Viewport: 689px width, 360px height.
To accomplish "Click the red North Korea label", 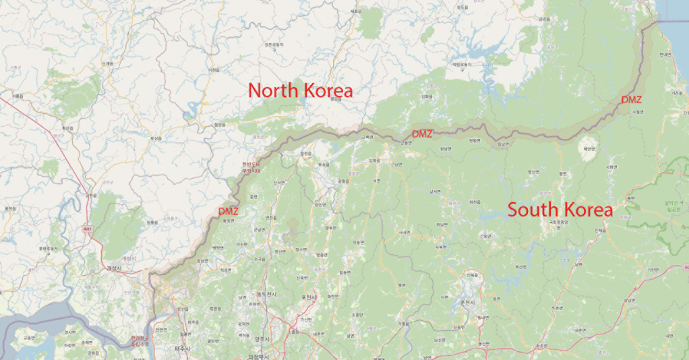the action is click(x=300, y=90).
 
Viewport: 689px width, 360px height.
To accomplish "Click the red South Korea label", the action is click(x=560, y=209).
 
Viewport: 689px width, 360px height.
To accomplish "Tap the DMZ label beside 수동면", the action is click(x=632, y=100).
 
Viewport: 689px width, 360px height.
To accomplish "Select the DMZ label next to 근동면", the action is click(x=421, y=133).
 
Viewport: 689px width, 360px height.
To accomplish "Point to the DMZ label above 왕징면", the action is click(x=229, y=211).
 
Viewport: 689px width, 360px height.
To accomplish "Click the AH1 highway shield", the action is click(x=87, y=230).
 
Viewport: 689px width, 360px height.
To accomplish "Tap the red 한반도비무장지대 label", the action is click(x=250, y=168).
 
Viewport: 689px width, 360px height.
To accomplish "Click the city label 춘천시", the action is click(x=467, y=303).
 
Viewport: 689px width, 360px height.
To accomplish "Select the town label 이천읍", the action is click(x=214, y=69).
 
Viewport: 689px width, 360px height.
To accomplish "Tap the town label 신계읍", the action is click(x=107, y=63).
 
